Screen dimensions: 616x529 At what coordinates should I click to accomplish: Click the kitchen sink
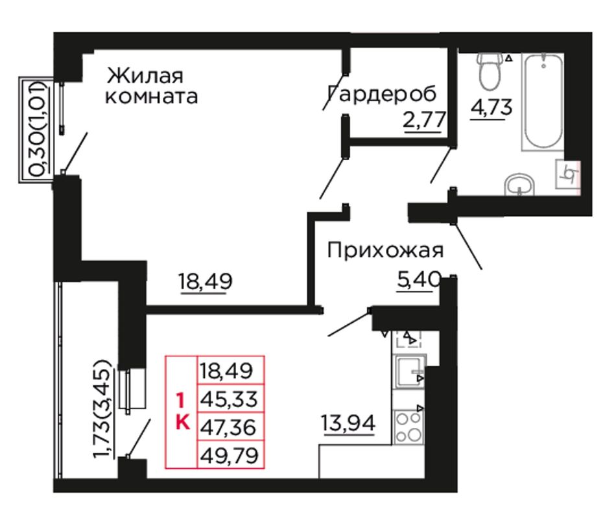coord(409,371)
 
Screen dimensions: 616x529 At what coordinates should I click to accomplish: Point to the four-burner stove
coord(409,427)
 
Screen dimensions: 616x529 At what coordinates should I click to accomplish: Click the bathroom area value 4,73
coord(492,107)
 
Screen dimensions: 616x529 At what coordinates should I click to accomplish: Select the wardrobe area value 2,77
coord(424,120)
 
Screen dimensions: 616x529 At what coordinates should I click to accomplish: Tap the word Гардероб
coord(382,94)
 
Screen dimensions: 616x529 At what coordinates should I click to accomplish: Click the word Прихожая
coord(385,250)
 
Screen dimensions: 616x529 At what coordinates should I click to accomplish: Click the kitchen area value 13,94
coord(348,423)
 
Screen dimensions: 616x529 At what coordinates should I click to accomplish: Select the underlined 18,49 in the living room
coord(206,281)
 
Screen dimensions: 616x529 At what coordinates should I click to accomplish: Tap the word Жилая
coord(145,76)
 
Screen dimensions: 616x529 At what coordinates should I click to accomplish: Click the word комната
coord(151,97)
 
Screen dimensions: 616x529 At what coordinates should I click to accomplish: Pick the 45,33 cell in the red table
coord(230,398)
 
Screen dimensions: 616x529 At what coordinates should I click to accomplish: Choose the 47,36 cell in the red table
coord(230,427)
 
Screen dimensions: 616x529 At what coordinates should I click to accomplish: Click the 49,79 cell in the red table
coord(230,454)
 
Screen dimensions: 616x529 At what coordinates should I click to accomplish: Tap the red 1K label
coord(182,412)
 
